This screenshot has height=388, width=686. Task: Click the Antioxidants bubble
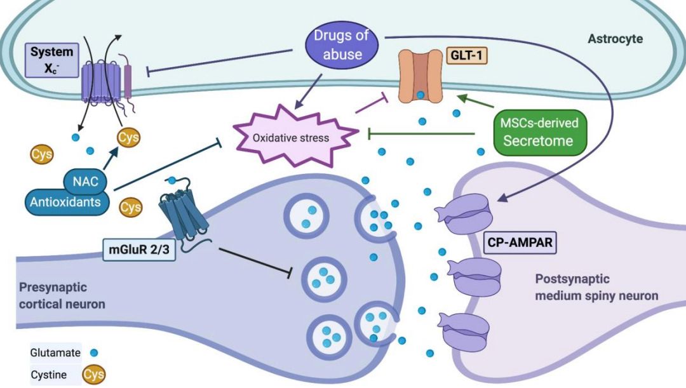pyautogui.click(x=64, y=203)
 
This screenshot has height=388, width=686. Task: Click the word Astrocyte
pyautogui.click(x=615, y=39)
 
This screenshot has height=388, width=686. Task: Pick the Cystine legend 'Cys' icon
pyautogui.click(x=93, y=375)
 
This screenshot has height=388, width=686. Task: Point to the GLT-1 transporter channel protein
pyautogui.click(x=420, y=77)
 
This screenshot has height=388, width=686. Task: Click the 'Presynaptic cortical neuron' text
pyautogui.click(x=62, y=295)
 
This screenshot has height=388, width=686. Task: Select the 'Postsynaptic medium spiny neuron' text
pyautogui.click(x=596, y=287)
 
